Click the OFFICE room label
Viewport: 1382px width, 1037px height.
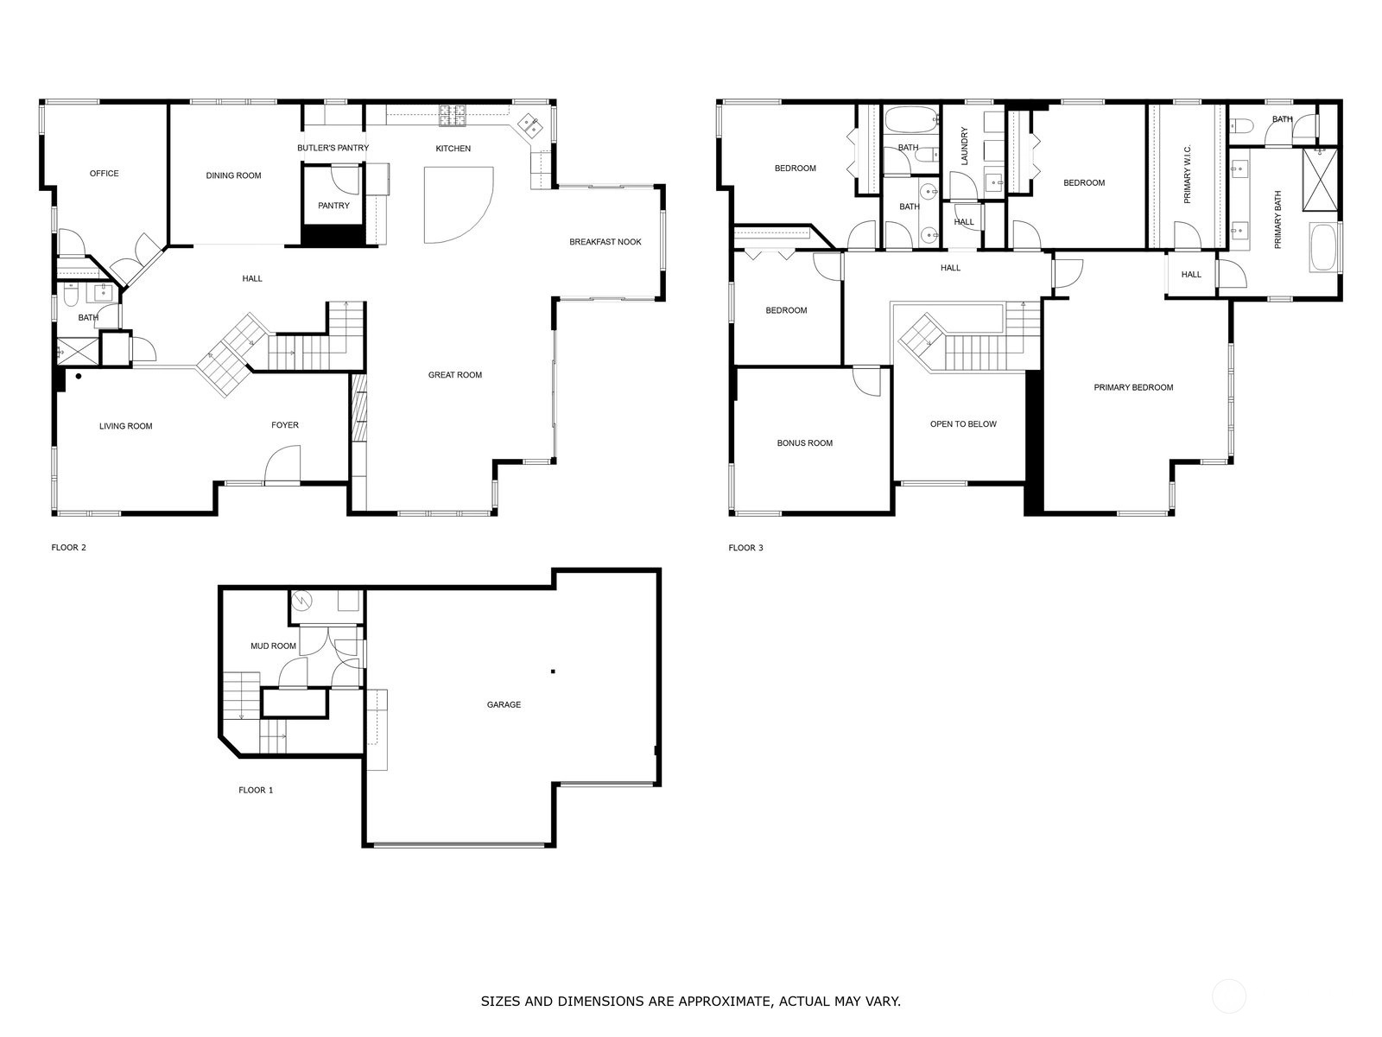click(104, 174)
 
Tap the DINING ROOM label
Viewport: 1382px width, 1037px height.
click(233, 175)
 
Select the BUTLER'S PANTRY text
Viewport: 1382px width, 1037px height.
click(333, 148)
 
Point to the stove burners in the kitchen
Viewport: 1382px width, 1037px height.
click(453, 115)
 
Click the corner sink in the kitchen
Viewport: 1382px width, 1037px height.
click(529, 126)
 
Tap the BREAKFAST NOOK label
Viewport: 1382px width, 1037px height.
click(605, 242)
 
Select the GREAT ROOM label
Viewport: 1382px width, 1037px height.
click(455, 375)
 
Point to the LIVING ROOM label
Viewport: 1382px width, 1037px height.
click(126, 426)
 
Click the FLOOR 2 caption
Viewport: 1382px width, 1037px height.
click(68, 548)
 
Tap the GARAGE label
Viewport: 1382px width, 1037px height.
click(504, 705)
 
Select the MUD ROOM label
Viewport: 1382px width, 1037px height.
click(273, 646)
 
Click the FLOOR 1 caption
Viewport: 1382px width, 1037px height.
click(256, 790)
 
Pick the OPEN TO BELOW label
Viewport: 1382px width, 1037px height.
click(963, 424)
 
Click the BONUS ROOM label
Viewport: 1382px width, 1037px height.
click(805, 443)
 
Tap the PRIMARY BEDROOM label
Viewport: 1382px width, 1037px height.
click(1133, 388)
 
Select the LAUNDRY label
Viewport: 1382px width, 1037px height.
click(964, 146)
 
